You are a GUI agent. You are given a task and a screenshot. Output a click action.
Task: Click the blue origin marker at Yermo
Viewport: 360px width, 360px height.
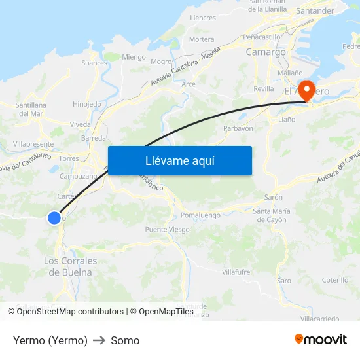(x=54, y=218)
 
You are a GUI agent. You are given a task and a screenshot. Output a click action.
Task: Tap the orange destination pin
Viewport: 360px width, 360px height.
(x=306, y=90)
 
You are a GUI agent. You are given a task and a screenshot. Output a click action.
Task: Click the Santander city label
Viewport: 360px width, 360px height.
(x=315, y=11)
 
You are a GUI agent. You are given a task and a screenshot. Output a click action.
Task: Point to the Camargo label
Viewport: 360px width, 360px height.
(x=265, y=52)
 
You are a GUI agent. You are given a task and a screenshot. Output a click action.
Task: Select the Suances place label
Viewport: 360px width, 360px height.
(x=94, y=63)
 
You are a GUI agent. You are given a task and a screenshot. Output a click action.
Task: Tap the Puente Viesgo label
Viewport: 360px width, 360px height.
(x=167, y=230)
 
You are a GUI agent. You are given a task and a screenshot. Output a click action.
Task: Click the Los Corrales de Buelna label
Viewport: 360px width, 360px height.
(x=70, y=266)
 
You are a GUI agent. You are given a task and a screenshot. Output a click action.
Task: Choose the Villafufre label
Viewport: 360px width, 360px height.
(x=236, y=272)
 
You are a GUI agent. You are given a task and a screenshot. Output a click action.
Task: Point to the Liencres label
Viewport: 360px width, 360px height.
(x=203, y=18)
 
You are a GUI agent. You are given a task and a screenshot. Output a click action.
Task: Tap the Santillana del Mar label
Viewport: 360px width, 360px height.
(x=31, y=109)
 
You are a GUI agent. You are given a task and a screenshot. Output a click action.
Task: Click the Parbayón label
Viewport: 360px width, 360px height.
(x=238, y=129)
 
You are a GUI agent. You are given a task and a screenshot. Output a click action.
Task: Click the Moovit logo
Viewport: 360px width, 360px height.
(x=321, y=340)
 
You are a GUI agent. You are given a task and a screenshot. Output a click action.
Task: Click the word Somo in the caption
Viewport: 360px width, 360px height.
(x=125, y=340)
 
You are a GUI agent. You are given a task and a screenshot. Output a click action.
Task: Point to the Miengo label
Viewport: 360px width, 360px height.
(x=134, y=57)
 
